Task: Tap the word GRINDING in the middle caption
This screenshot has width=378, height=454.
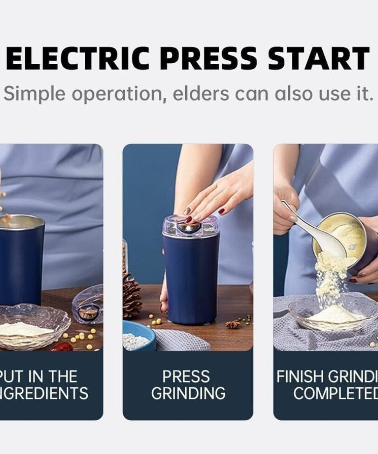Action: coord(188,393)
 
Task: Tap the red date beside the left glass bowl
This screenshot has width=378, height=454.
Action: coord(62,347)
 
